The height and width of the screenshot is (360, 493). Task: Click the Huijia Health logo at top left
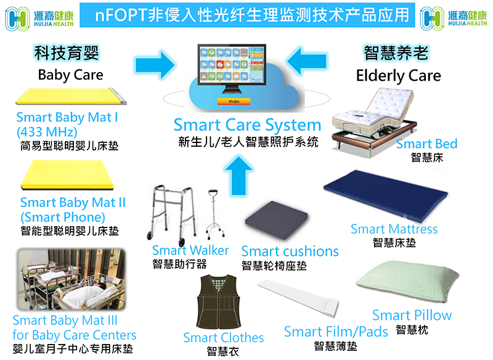[39, 18]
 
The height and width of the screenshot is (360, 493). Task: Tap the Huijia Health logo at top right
[454, 18]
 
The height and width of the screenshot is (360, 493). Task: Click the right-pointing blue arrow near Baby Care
[155, 65]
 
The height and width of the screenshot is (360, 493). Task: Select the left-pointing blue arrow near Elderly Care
[306, 61]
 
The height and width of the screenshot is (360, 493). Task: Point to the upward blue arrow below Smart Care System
[238, 176]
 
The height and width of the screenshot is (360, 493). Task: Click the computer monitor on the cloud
[232, 68]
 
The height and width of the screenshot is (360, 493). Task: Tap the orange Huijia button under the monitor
[234, 101]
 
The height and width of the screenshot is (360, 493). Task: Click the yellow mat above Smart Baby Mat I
[71, 96]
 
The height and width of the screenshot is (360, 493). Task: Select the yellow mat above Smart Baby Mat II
[67, 175]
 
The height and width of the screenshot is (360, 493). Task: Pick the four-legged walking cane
[214, 213]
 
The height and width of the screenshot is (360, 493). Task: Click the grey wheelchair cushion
[276, 217]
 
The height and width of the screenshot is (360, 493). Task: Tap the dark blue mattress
[386, 196]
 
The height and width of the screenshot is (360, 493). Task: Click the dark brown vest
[219, 302]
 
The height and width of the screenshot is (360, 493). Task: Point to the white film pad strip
[299, 298]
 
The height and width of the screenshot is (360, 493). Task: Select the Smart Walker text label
[190, 251]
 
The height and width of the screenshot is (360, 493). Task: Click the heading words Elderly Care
[398, 76]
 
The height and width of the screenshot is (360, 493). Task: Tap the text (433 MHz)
[47, 132]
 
